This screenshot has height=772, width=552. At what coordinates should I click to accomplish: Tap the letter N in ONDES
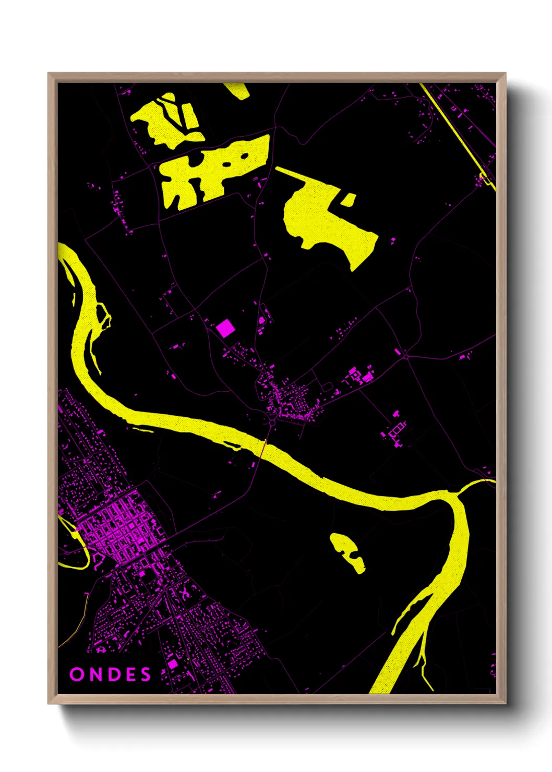point(94,674)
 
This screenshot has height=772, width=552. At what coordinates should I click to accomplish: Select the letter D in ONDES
point(112,674)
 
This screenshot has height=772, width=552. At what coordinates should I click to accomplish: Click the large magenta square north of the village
point(225,328)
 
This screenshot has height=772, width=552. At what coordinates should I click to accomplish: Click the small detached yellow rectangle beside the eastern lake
point(349,200)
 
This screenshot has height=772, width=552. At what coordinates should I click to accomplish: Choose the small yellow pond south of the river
point(347,552)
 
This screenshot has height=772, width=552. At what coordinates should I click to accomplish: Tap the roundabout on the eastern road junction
point(405,357)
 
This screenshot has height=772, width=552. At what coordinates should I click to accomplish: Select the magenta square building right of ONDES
point(173,664)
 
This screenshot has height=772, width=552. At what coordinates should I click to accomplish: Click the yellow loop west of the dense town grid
point(73,542)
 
